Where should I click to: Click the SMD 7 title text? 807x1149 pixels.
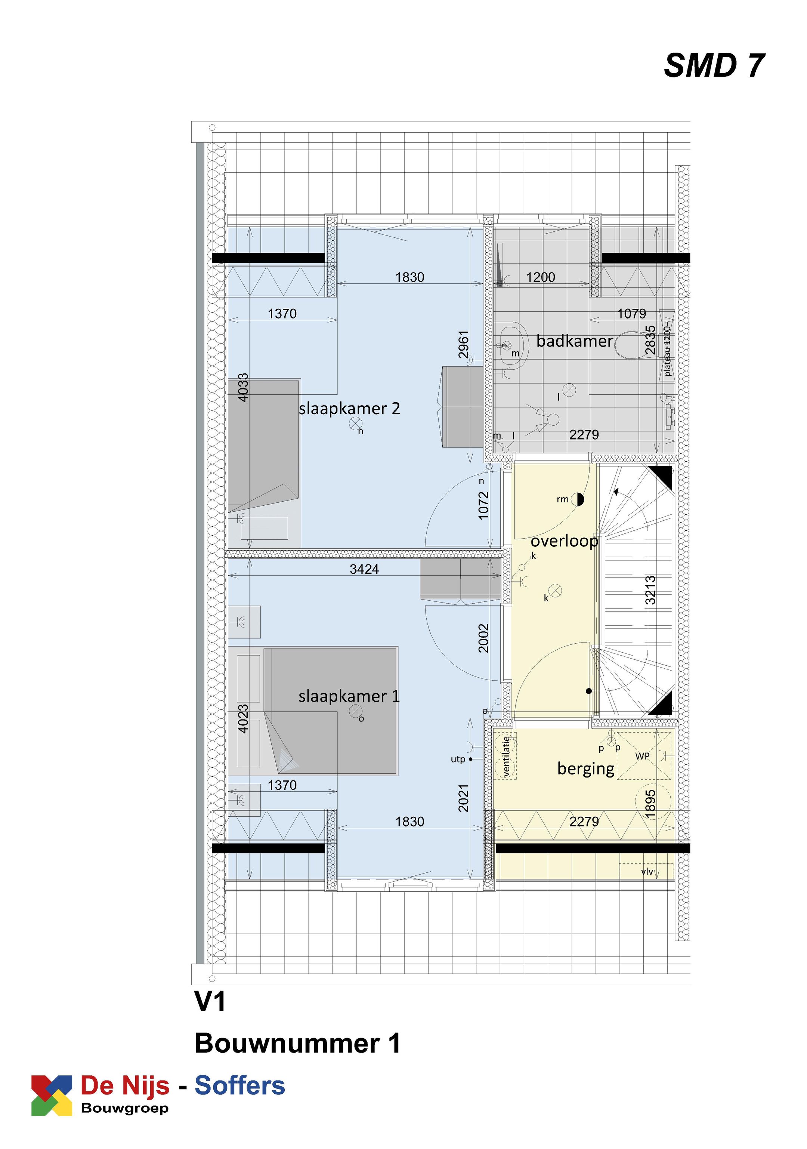[x=714, y=65]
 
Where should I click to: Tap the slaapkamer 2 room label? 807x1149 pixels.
[x=349, y=409]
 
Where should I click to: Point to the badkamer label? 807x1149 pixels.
[x=574, y=341]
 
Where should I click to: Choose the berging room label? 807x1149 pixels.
[x=585, y=768]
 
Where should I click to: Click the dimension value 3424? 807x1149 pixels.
[x=364, y=569]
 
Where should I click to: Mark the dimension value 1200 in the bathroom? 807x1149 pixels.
[x=540, y=277]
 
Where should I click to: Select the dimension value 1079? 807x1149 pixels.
[x=631, y=314]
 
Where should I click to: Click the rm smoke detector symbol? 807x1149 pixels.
[x=577, y=499]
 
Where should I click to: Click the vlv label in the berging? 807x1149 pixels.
[x=647, y=872]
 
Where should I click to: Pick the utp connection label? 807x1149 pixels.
[x=458, y=759]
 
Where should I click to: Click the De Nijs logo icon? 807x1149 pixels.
[x=52, y=1095]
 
